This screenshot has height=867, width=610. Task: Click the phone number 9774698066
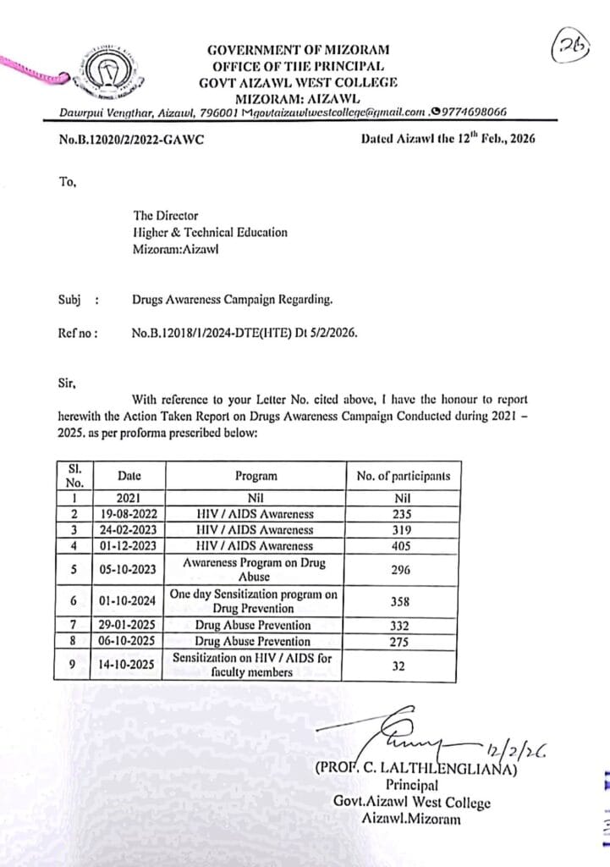pos(472,110)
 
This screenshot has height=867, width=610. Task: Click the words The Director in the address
pos(165,216)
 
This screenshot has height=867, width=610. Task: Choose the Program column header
pos(256,476)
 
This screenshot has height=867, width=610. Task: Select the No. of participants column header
pos(404,476)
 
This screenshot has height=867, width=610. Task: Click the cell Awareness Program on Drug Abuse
pos(256,570)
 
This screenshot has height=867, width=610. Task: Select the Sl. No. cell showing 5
pos(74,570)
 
